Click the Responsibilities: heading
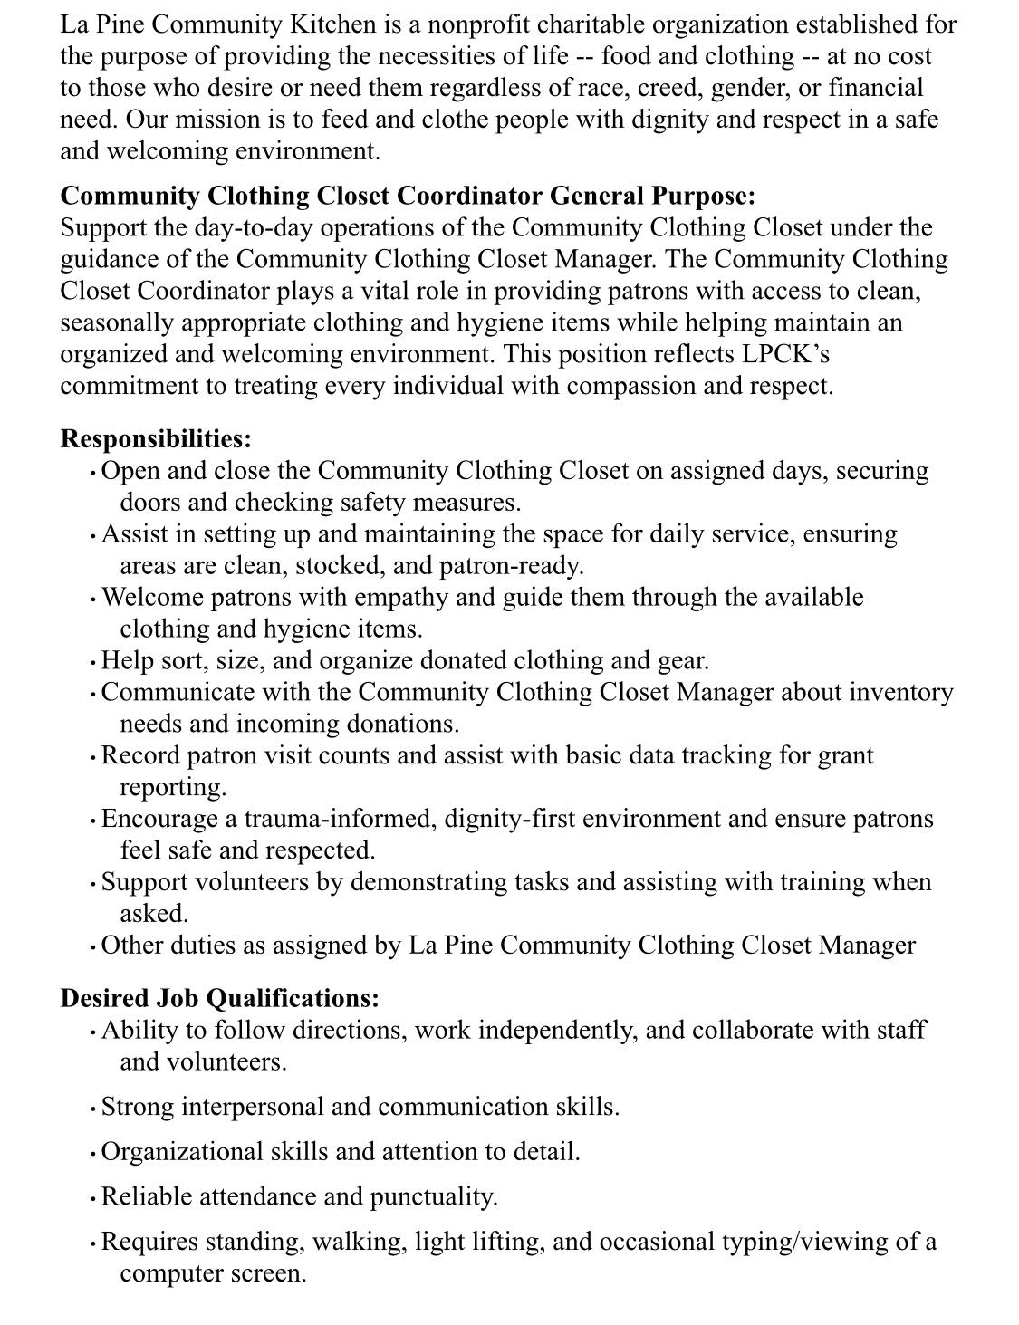click(156, 439)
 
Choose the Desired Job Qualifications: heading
click(219, 998)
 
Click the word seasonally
click(117, 322)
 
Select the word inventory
click(901, 692)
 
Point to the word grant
click(845, 755)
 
